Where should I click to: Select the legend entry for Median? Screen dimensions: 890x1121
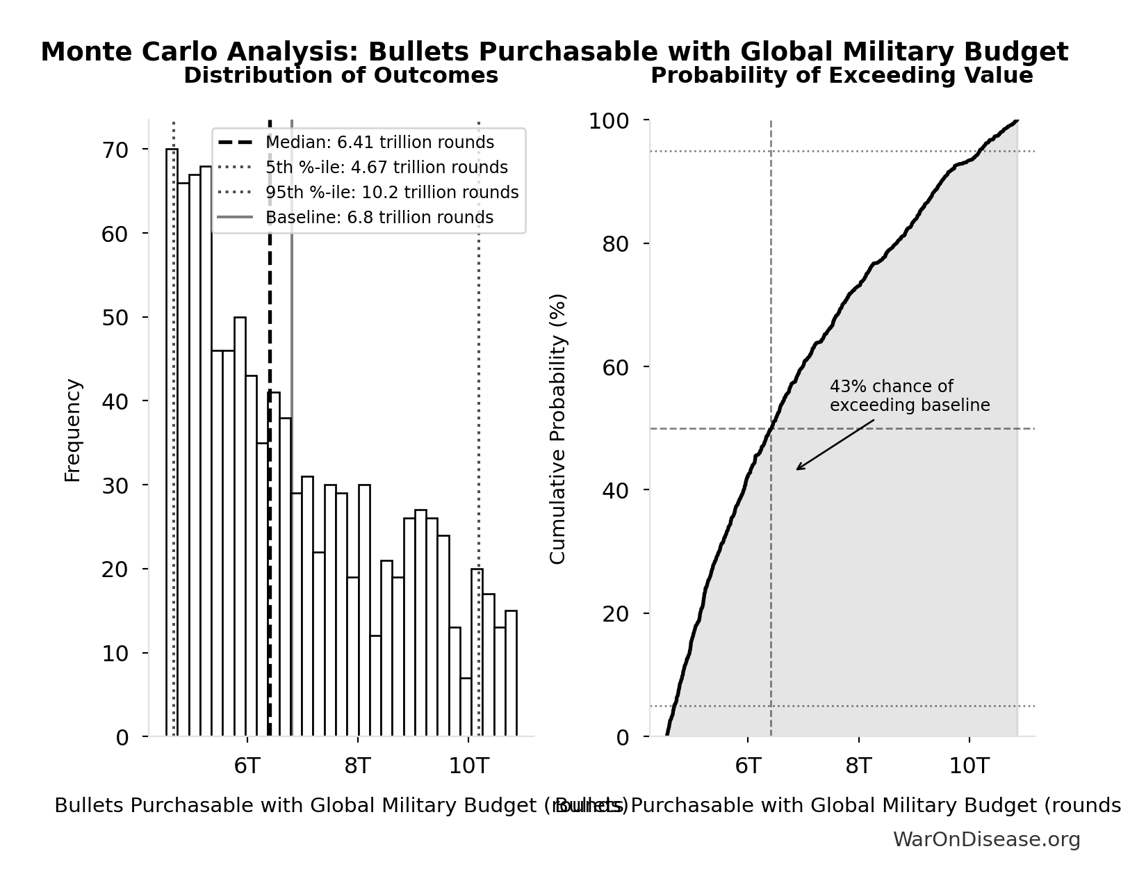click(379, 143)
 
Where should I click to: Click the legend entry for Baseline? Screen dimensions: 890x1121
click(379, 218)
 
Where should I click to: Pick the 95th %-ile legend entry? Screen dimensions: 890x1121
click(391, 193)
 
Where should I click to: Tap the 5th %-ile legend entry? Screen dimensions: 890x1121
click(386, 168)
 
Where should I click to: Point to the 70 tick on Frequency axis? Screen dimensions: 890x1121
click(115, 150)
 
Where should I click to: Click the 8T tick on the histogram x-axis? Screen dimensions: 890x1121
click(357, 766)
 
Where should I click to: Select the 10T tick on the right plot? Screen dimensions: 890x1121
click(969, 766)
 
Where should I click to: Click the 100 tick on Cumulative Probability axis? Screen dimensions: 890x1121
click(609, 121)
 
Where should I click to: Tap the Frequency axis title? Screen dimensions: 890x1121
click(73, 430)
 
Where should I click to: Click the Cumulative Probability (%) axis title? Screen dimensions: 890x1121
click(558, 428)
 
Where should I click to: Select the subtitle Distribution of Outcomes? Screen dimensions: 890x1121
click(341, 75)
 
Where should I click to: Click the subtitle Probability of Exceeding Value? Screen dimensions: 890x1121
click(841, 75)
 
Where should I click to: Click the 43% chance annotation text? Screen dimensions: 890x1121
click(909, 396)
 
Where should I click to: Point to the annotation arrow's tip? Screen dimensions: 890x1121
click(797, 469)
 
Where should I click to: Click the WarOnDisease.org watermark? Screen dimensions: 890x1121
click(985, 839)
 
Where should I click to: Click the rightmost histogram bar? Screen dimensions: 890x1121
click(511, 673)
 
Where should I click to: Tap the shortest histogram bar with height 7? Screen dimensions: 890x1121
click(466, 706)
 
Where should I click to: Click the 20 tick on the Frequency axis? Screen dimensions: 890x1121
click(115, 569)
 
